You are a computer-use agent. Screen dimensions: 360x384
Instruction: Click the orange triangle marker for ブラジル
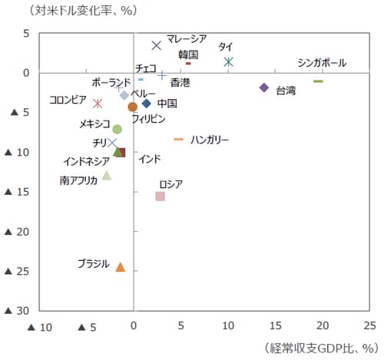pos(120,267)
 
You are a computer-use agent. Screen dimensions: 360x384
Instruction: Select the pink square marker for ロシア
pos(160,197)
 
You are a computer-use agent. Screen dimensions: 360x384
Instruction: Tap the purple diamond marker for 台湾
pos(264,88)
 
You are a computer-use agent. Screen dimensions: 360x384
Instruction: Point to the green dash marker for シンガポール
pos(318,81)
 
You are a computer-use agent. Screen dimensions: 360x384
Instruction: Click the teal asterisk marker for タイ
pos(228,61)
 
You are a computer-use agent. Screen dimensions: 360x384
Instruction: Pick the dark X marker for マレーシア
pos(157,46)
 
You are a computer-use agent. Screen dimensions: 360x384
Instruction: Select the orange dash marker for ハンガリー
pos(179,139)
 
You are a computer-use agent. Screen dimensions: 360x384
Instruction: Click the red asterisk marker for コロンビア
pos(98,104)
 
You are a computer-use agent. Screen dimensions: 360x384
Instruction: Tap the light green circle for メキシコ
pos(117,129)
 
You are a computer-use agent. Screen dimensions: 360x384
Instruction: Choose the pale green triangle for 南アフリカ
pos(107,175)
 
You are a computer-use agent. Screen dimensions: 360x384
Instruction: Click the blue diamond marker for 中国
pos(147,103)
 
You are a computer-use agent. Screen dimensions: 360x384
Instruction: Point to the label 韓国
pos(188,54)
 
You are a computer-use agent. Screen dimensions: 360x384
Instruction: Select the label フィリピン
pos(148,119)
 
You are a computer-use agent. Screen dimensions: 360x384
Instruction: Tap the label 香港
pos(180,82)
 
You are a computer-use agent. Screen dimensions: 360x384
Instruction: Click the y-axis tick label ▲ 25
pos(17,271)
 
